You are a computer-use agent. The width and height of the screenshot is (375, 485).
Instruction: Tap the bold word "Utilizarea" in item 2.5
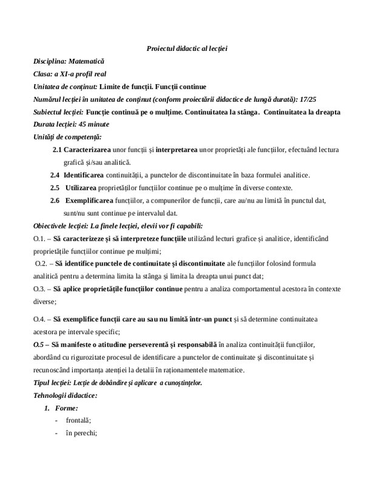(83, 188)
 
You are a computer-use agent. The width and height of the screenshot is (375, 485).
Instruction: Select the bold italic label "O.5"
(39, 344)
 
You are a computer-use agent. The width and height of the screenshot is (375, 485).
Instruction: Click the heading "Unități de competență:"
(67, 138)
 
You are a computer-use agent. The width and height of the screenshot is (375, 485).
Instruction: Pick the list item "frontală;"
(78, 421)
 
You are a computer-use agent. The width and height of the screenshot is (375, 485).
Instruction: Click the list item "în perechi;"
(81, 433)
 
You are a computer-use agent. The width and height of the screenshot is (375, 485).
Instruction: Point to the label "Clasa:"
(44, 74)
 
